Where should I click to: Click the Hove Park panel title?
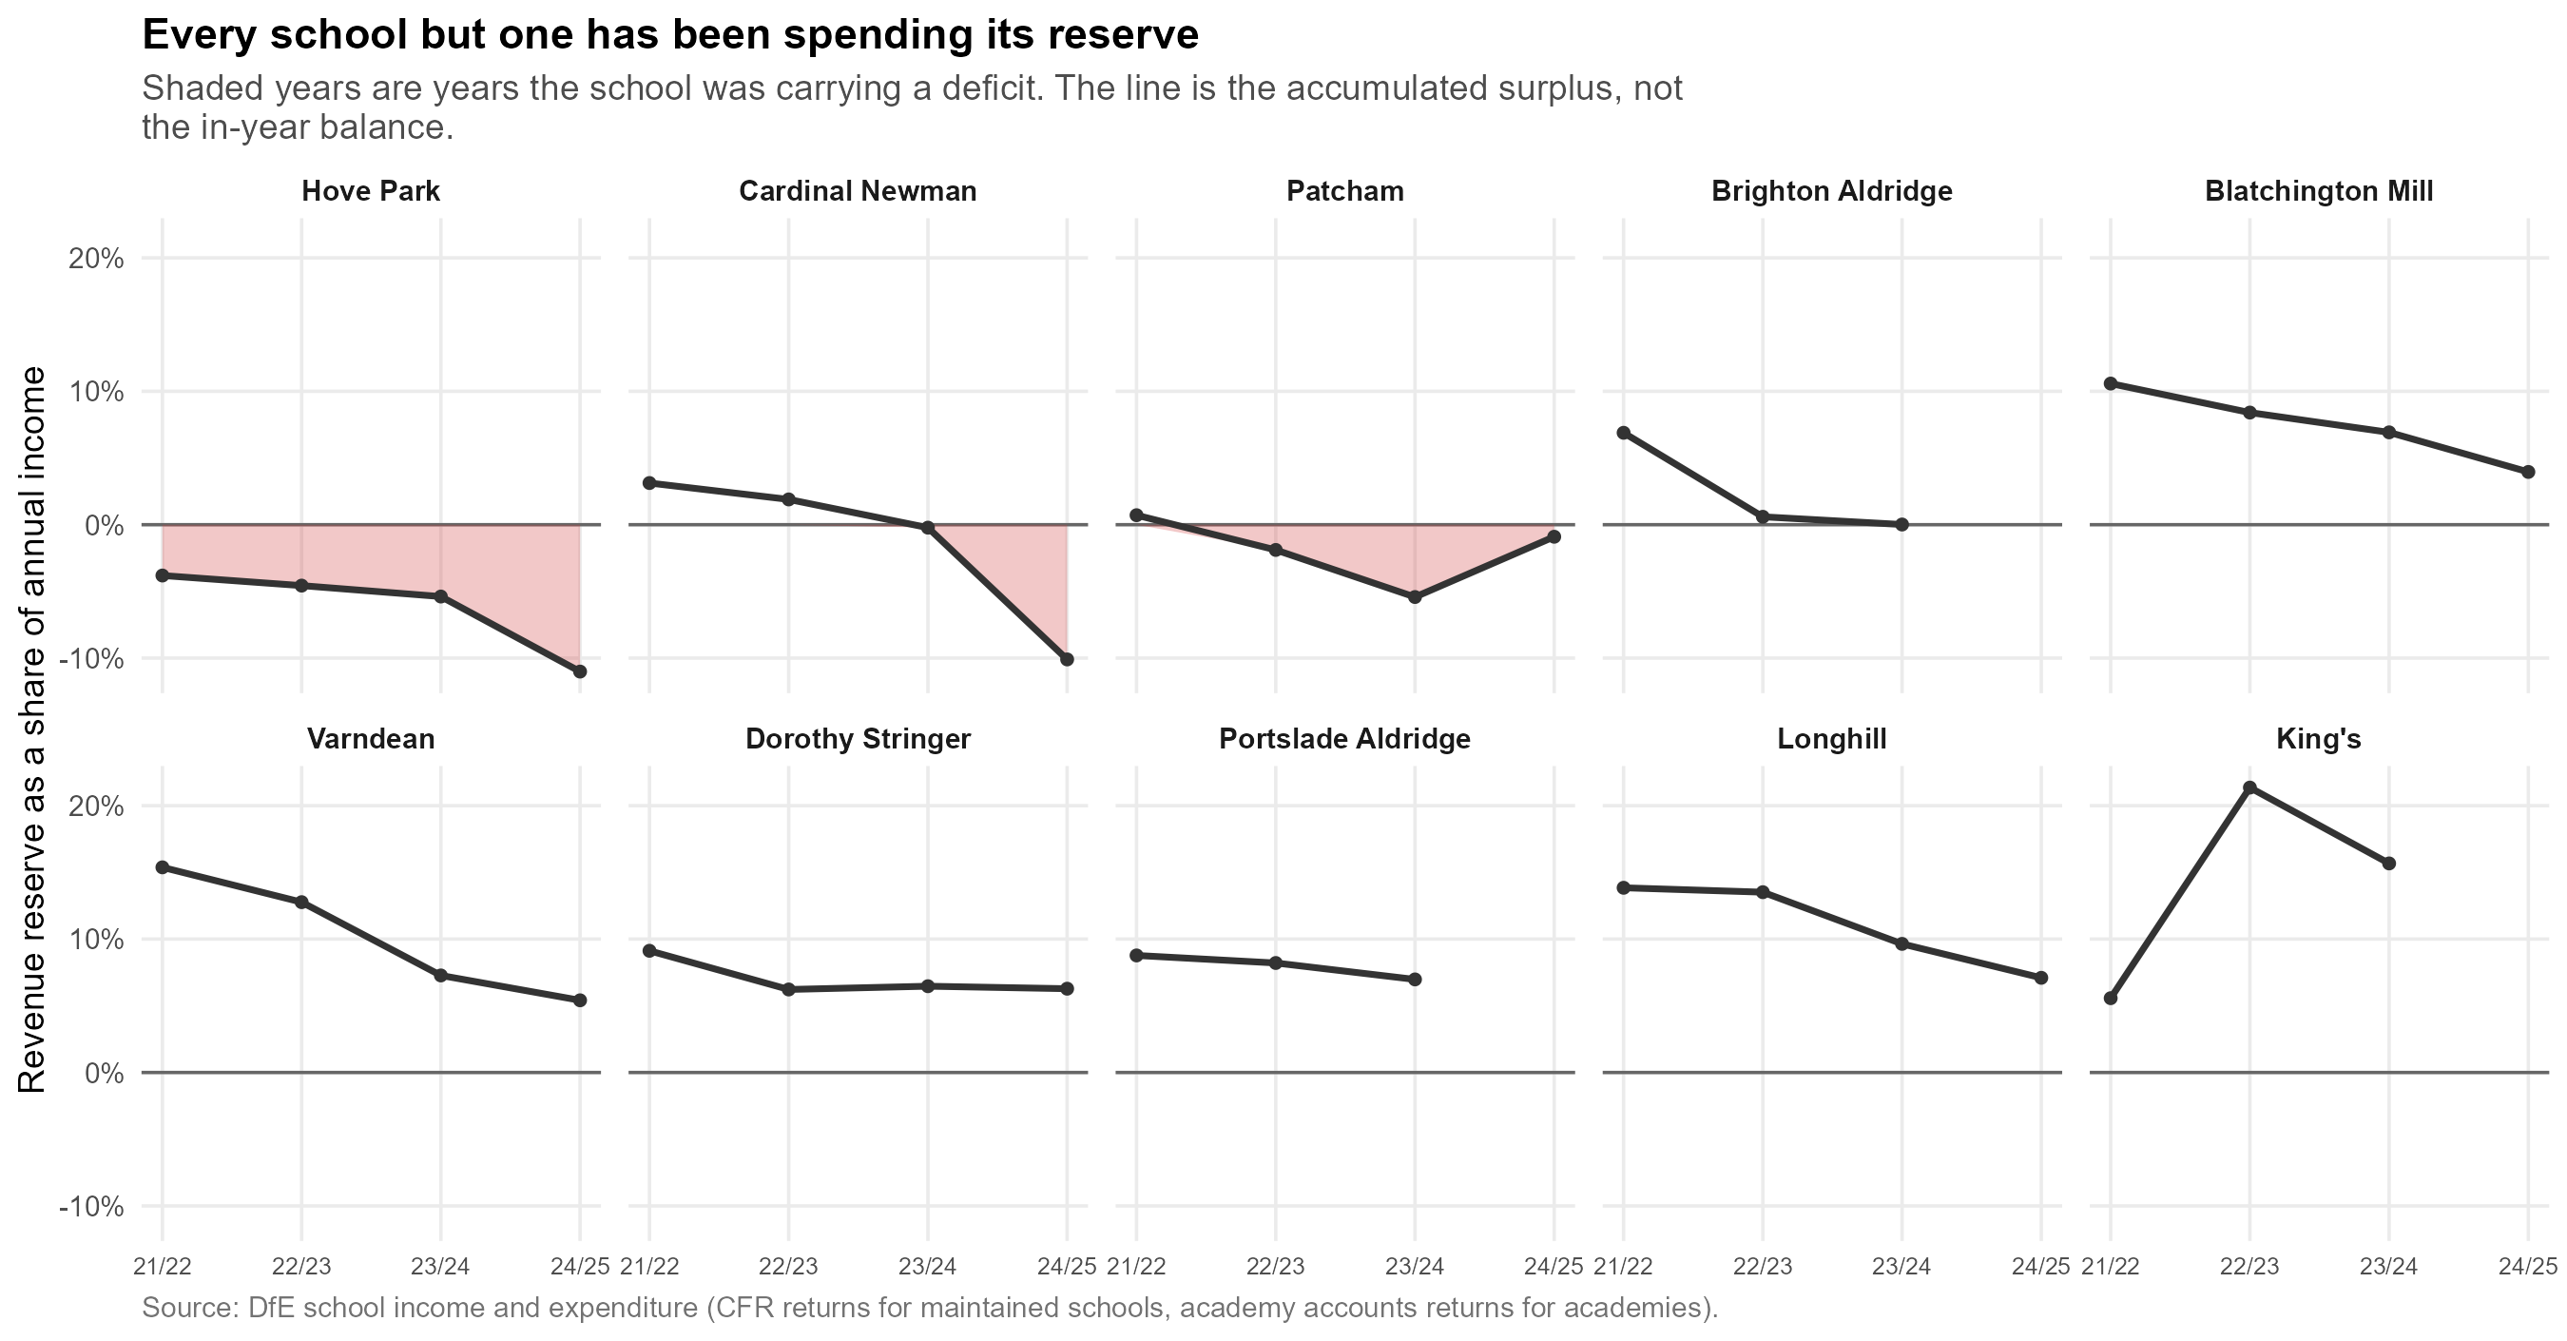tap(371, 191)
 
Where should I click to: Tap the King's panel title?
tap(2319, 739)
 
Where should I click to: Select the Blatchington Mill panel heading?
tap(2319, 191)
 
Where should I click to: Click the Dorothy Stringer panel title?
tap(858, 739)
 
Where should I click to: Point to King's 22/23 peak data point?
tap(2249, 787)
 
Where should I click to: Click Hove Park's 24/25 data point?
tap(580, 671)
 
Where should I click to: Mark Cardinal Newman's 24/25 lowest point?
tap(1068, 659)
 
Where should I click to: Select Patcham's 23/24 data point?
tap(1414, 597)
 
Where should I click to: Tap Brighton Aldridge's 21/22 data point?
tap(1623, 433)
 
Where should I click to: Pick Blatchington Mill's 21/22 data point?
tap(2111, 384)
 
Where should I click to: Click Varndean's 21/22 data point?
tap(163, 867)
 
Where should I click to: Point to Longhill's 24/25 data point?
tap(2041, 978)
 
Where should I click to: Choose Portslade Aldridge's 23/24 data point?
tap(1414, 979)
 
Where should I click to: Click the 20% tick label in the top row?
tap(96, 260)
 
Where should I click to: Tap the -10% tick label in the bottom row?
tap(90, 1208)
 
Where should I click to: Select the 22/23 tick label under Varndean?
tap(301, 1267)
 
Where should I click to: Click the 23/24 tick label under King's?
tap(2388, 1267)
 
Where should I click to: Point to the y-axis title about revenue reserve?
tap(32, 729)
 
